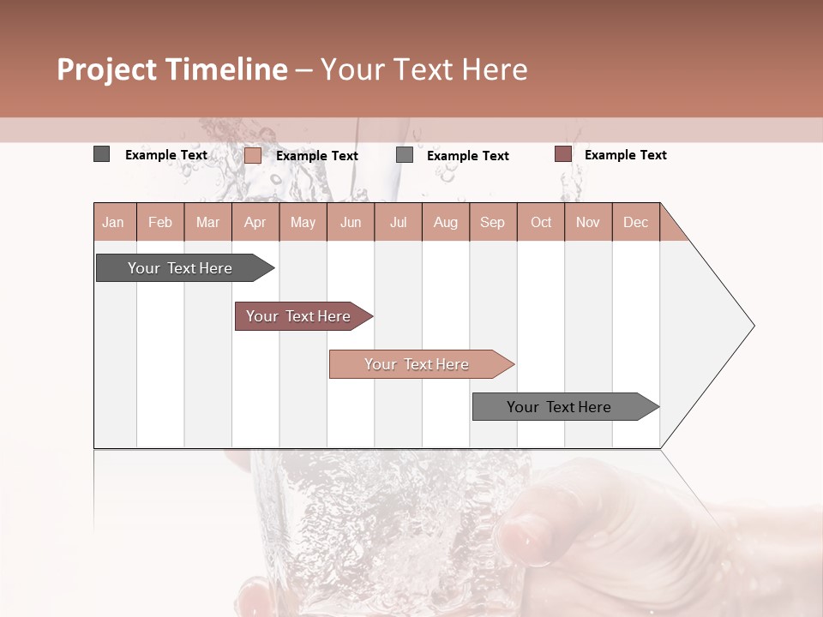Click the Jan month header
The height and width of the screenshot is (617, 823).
113,222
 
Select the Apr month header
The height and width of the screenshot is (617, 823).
255,222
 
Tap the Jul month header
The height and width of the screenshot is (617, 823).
398,222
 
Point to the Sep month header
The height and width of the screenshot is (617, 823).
492,222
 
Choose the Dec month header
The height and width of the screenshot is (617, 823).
635,222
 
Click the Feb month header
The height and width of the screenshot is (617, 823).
160,222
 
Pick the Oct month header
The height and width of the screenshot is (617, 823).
541,222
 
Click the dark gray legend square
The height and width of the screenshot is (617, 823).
101,154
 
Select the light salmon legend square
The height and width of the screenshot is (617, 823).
252,155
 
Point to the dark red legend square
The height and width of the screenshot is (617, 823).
562,154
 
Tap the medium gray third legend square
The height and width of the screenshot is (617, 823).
405,155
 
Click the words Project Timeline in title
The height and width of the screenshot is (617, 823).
172,69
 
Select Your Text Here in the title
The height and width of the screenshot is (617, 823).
424,69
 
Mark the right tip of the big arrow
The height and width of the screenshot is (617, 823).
753,326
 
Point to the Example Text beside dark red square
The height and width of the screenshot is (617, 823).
625,155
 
